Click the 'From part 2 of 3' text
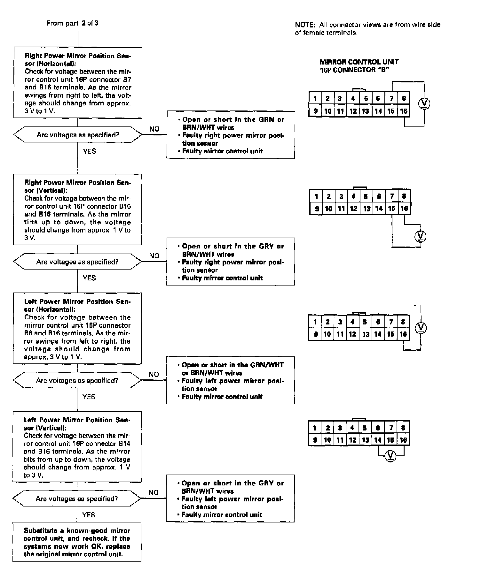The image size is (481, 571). [x=72, y=23]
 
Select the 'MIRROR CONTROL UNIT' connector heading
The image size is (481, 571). [x=359, y=62]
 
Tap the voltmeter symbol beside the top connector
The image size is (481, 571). [x=424, y=103]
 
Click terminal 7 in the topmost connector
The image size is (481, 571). [x=391, y=98]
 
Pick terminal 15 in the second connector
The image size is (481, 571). [x=391, y=209]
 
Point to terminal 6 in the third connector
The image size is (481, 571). [x=378, y=322]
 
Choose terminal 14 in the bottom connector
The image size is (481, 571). [x=378, y=440]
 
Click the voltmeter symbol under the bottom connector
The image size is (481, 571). [x=390, y=456]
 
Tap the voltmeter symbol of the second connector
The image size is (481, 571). [x=420, y=236]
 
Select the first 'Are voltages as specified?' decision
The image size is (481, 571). [x=78, y=135]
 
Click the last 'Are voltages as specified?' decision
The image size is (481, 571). [x=77, y=499]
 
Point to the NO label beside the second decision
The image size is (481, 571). [x=154, y=255]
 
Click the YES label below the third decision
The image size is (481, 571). [x=89, y=397]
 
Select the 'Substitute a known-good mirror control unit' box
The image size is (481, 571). [x=77, y=542]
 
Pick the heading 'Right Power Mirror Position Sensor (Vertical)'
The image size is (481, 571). [x=77, y=187]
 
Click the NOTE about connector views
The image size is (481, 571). [x=367, y=28]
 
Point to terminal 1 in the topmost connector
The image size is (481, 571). [x=315, y=98]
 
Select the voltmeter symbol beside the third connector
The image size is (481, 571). [x=421, y=328]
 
